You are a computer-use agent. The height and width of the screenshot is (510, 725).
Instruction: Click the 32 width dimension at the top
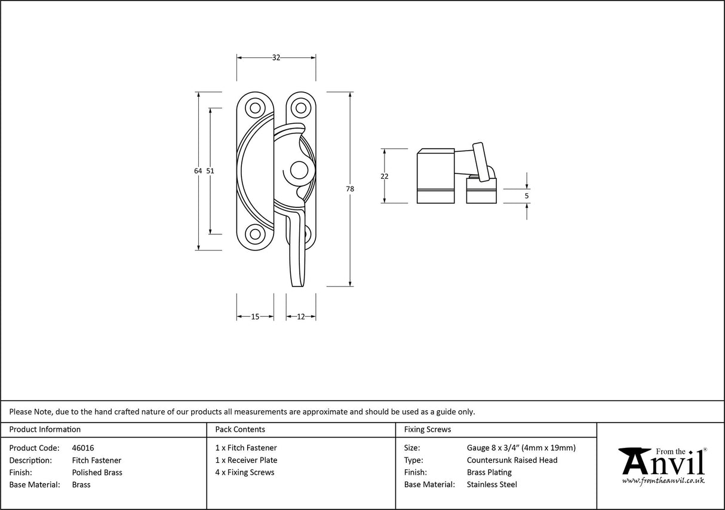276,57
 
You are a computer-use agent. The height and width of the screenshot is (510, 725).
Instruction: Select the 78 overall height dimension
349,189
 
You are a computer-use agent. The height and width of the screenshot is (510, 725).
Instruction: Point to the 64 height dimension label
198,170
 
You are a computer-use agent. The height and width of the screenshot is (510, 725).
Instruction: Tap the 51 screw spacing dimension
210,170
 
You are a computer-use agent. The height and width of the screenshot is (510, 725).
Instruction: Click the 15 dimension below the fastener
255,317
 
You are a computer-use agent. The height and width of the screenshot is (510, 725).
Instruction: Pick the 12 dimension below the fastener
300,317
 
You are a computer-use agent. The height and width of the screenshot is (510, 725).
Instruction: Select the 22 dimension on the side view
384,176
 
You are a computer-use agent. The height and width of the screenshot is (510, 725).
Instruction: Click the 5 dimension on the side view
527,196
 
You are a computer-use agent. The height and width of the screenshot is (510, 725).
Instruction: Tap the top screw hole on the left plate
256,108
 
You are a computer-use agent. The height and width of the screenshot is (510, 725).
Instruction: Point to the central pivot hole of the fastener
297,171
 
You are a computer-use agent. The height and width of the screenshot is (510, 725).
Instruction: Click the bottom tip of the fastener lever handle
297,285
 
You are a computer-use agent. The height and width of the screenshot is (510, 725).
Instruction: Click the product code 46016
82,448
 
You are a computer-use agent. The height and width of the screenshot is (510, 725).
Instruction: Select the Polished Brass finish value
97,472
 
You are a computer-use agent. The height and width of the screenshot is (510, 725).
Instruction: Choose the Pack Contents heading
240,429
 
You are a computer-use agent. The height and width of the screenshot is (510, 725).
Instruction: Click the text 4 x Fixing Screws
245,472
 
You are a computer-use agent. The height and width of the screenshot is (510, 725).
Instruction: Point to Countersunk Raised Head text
512,460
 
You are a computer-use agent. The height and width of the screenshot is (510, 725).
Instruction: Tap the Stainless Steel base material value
491,484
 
